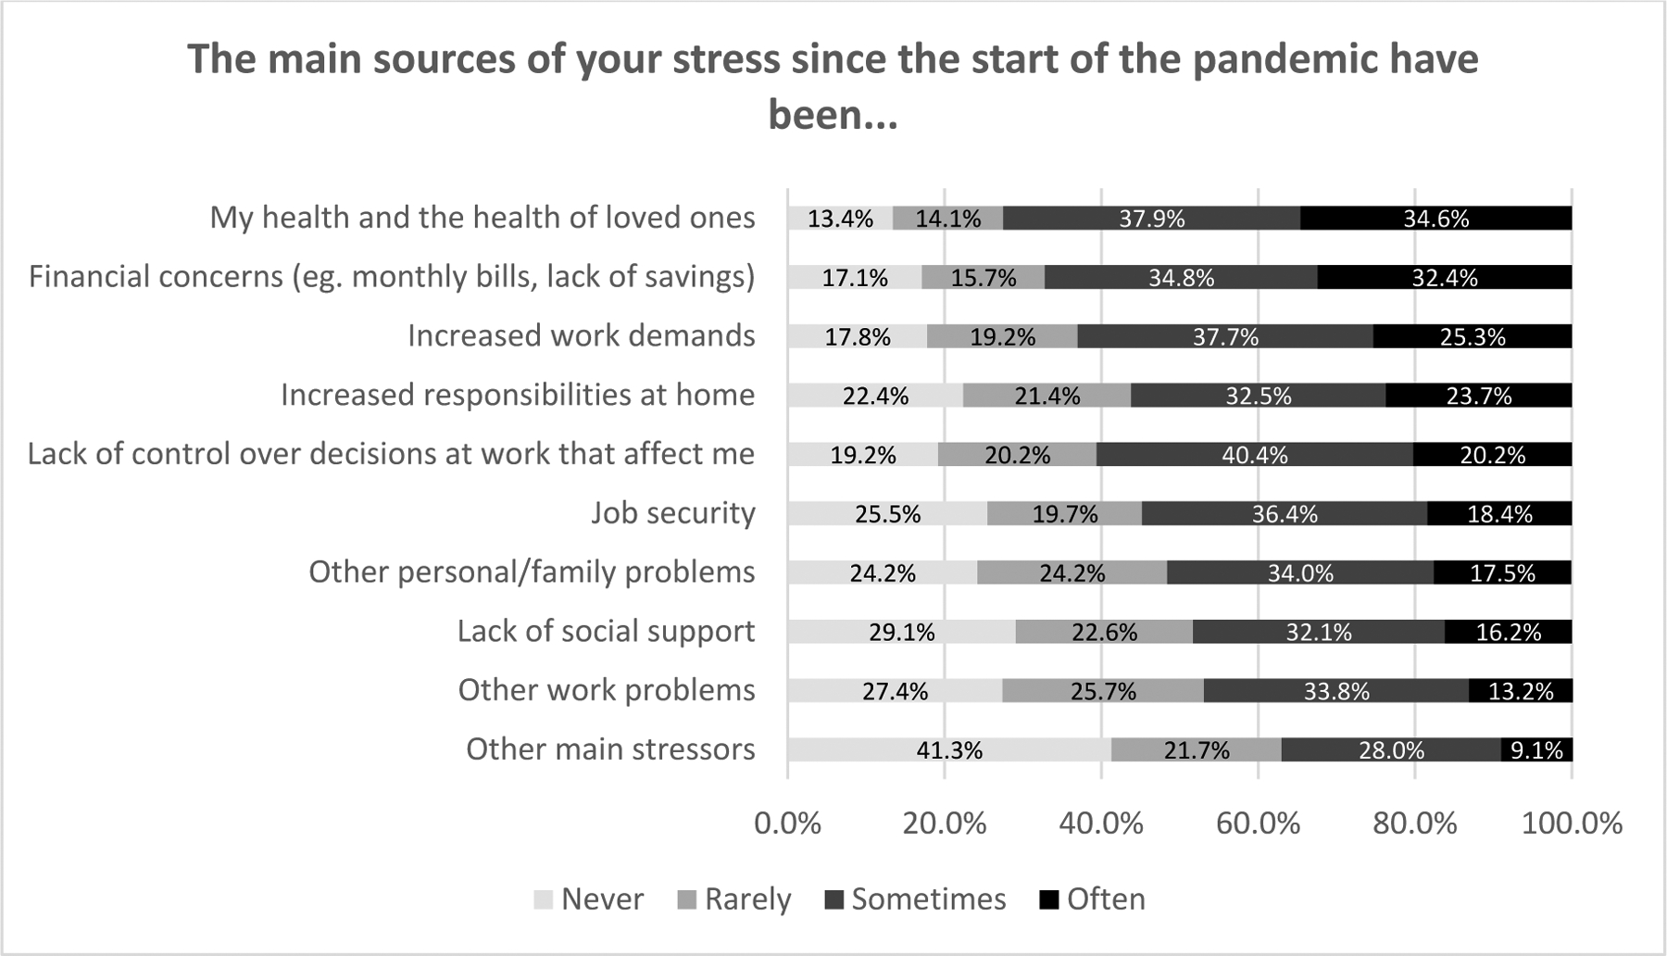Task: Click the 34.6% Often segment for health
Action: (1435, 219)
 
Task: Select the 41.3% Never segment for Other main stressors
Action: (949, 750)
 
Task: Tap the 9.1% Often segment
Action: (1536, 750)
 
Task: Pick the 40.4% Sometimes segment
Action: (1254, 455)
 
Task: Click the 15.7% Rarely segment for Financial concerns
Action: (983, 278)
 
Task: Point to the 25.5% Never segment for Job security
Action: (887, 514)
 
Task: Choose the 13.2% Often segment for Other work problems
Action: (1521, 691)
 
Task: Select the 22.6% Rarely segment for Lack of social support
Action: (1104, 632)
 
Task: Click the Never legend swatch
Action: (544, 899)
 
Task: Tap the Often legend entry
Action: (1093, 899)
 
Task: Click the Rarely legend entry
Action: (735, 899)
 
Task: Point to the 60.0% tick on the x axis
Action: (1258, 824)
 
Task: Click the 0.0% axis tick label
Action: (787, 824)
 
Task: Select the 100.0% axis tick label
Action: (1572, 824)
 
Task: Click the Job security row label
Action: (673, 513)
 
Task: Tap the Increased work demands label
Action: (582, 335)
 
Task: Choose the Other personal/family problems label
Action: (532, 572)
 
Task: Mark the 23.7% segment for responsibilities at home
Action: (1478, 396)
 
